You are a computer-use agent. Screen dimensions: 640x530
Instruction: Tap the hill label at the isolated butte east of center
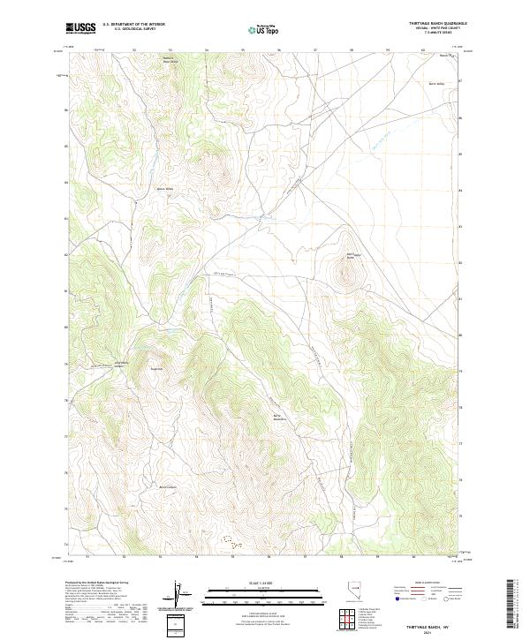[x=350, y=257]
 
